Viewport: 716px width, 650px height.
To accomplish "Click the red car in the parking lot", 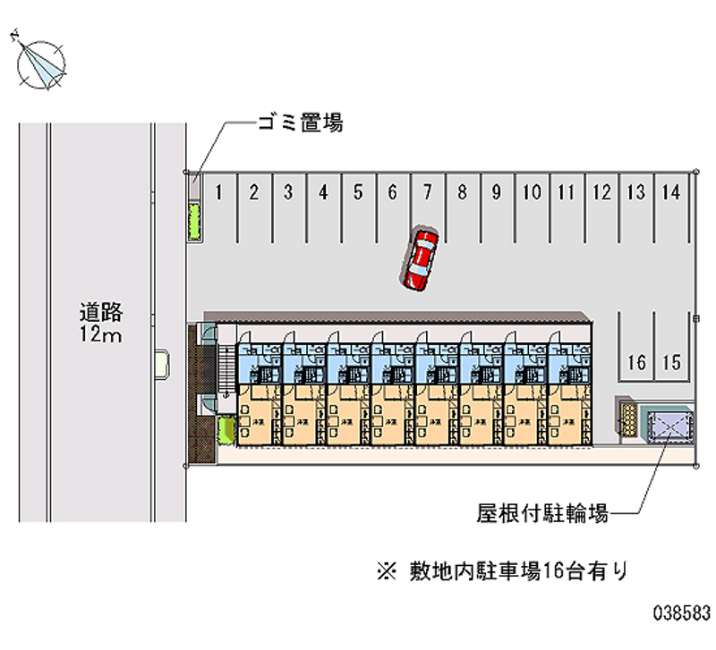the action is [420, 259].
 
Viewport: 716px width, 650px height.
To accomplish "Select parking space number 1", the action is [219, 190].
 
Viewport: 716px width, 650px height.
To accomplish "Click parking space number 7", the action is [428, 190].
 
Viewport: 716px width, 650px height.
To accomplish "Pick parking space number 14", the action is [671, 190].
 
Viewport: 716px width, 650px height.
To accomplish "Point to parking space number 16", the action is [637, 363].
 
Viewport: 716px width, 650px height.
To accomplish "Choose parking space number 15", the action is [672, 363].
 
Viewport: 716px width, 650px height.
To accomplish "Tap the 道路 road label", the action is [99, 313].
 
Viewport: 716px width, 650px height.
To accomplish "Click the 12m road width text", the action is [99, 335].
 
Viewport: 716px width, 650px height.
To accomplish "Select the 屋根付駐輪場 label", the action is [542, 514].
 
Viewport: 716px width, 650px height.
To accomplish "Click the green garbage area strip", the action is [192, 223].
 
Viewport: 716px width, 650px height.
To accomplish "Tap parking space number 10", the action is [532, 190].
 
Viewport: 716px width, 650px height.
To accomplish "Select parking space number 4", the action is [323, 190].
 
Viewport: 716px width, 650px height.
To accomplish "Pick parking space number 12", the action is [601, 190].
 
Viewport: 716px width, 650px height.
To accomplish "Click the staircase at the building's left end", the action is [224, 366].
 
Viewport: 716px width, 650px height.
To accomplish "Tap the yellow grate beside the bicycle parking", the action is [627, 418].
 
